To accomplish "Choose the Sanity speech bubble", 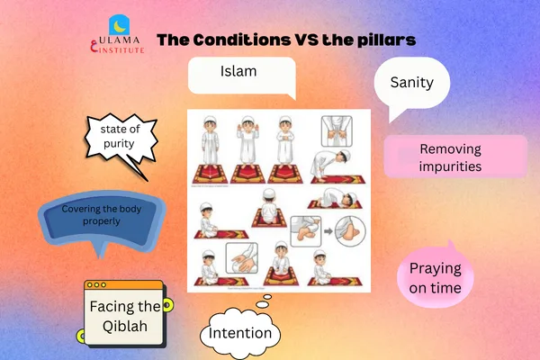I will pos(413,85).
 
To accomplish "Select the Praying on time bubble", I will pos(436,277).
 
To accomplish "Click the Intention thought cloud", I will pos(240,333).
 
